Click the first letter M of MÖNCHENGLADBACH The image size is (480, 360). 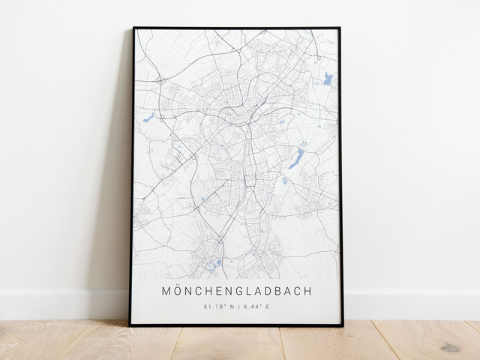(166, 290)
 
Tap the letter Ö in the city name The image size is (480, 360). (178, 290)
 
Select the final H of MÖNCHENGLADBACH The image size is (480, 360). (307, 290)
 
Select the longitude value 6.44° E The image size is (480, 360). (256, 307)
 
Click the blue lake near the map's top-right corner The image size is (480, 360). (328, 78)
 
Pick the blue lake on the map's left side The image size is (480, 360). (148, 117)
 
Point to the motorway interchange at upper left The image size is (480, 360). (160, 79)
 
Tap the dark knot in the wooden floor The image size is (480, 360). (450, 347)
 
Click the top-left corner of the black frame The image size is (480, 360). (134, 28)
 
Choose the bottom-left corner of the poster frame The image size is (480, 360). (130, 325)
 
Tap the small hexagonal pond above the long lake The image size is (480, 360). (303, 142)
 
